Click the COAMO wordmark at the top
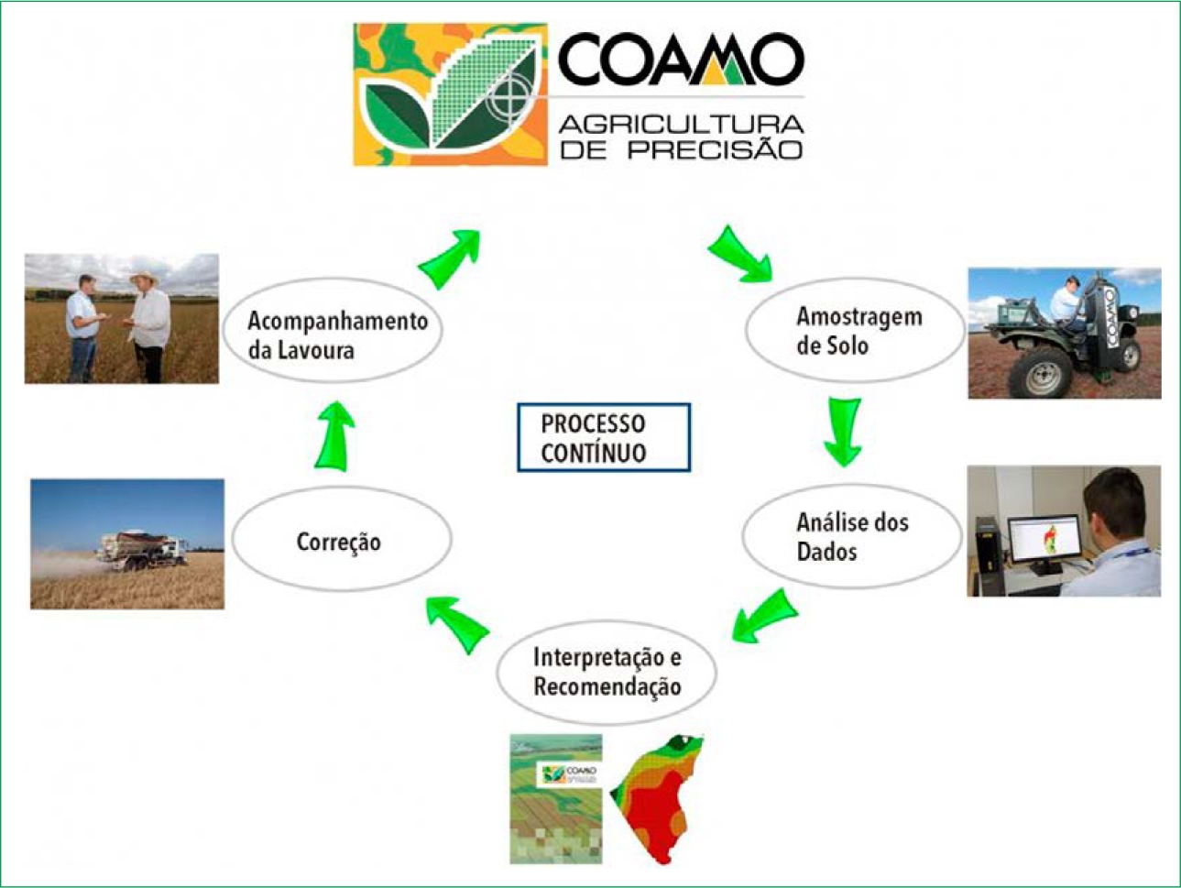click(680, 60)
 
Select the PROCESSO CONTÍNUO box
click(603, 438)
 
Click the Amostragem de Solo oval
click(854, 331)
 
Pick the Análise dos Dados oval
click(850, 536)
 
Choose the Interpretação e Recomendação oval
click(606, 672)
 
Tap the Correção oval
click(341, 541)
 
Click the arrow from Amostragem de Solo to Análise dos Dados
click(842, 431)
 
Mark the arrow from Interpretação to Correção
click(457, 622)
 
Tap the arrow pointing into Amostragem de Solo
click(740, 254)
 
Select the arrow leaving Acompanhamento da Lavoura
click(451, 258)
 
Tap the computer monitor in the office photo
click(1044, 542)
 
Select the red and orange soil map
click(657, 798)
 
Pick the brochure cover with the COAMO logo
click(555, 798)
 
